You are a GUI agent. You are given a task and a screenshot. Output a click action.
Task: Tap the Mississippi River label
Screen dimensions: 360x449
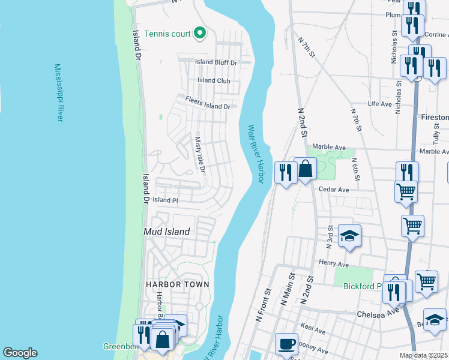58,93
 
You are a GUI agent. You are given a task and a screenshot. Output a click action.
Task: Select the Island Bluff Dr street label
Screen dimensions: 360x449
216,62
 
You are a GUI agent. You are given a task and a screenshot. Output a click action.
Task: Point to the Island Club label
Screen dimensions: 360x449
214,80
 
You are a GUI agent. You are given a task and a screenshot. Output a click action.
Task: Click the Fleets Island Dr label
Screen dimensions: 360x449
208,103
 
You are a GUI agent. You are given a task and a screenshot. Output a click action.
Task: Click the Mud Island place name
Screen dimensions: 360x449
166,232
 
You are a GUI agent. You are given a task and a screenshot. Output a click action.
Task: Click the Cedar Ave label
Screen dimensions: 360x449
334,190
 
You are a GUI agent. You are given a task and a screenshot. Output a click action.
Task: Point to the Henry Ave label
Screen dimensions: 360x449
334,263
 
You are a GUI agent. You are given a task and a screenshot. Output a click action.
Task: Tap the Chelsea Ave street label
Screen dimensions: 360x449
378,313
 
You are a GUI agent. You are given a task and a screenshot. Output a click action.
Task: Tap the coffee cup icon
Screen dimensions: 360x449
286,344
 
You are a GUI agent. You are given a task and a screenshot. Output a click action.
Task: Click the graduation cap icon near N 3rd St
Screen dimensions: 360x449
349,236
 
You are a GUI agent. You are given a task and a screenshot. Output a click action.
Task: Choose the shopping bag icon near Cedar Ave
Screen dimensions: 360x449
305,169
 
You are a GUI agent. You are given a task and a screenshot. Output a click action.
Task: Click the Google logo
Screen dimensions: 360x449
20,353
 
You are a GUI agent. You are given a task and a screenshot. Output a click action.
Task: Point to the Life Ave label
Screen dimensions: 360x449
379,104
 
